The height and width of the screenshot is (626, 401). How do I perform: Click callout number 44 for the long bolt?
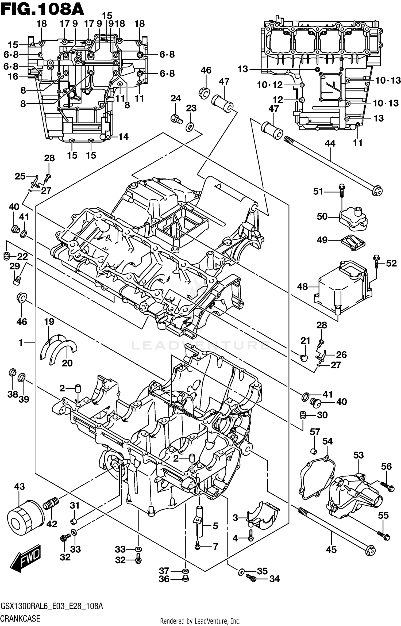(330, 144)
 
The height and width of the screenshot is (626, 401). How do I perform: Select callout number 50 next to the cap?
(322, 216)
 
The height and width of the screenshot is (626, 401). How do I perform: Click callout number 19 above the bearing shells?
(49, 322)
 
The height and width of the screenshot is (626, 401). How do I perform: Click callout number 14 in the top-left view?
(123, 137)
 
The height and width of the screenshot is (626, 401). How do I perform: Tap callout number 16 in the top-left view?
(13, 77)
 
